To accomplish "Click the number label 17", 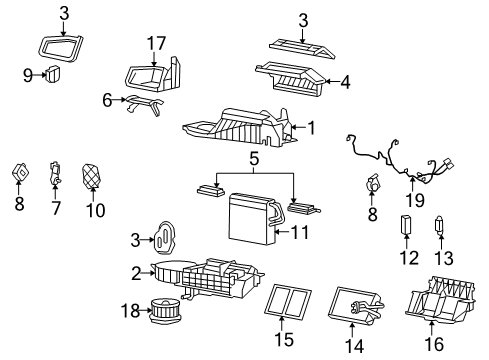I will (155, 43).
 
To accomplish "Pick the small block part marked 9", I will (51, 73).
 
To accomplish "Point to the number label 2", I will (136, 271).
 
